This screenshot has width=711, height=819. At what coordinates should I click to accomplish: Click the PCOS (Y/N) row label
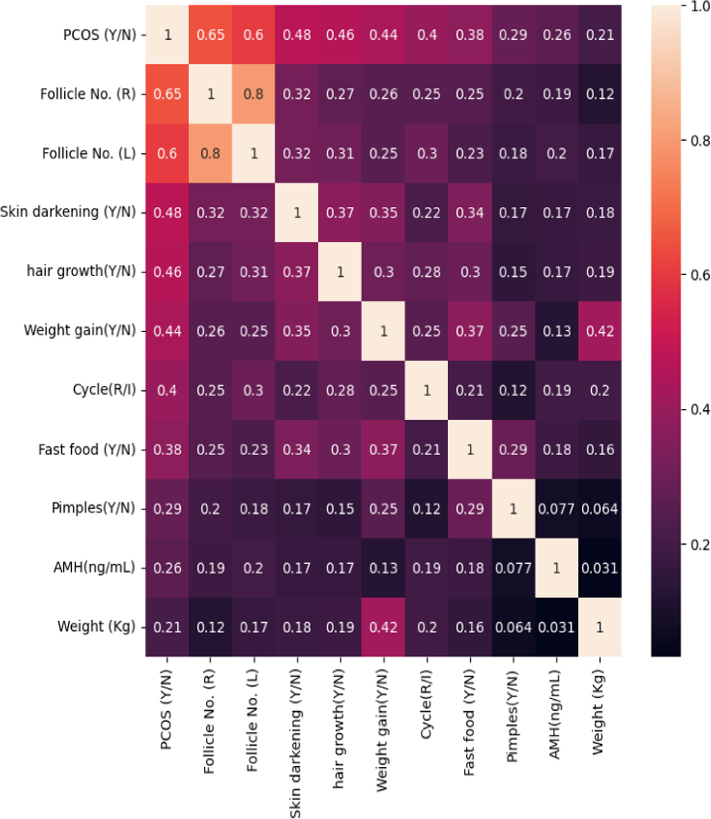99,35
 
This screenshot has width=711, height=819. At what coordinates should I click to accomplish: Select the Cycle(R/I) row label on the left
104,390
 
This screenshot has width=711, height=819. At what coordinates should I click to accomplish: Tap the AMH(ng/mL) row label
94,568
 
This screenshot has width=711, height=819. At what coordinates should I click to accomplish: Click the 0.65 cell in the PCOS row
211,35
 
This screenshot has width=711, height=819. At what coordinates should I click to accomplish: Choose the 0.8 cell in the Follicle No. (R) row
254,94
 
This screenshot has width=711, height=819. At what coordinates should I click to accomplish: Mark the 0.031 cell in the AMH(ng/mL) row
600,568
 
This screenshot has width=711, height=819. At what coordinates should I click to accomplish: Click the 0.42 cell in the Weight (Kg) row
384,627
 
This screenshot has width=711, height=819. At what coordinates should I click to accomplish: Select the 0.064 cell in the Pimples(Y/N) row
600,509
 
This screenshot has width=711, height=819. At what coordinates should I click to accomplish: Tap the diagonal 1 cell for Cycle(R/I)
427,390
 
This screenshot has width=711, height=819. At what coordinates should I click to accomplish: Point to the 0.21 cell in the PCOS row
600,35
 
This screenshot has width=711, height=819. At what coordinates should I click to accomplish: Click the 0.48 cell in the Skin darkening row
167,212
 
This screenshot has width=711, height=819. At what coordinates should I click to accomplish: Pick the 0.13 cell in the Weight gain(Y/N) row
557,331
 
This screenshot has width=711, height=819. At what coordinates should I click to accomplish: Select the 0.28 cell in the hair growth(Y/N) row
427,272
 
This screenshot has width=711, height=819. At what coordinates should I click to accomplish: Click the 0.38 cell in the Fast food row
167,449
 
